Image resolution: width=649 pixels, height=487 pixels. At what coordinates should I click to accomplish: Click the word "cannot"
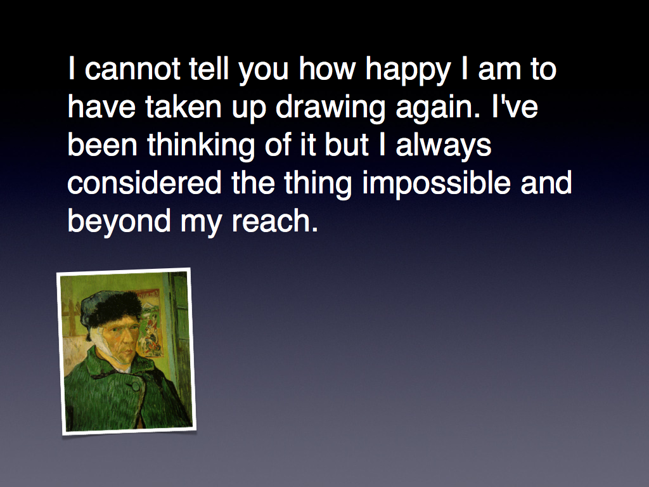point(132,69)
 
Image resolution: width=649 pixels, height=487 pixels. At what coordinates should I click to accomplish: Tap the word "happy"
point(408,71)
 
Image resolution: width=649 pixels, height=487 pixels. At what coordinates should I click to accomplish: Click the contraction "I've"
point(515,107)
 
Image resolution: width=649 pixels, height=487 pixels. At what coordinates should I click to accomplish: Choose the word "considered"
point(145,183)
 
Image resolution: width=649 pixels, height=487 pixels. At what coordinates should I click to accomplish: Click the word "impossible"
point(436,185)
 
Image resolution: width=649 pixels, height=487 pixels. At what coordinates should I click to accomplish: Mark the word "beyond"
point(119,223)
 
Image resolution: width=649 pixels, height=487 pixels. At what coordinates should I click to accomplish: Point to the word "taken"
point(183,107)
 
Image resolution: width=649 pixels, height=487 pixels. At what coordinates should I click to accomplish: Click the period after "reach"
point(314,230)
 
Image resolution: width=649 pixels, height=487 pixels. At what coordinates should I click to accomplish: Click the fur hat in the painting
point(111,308)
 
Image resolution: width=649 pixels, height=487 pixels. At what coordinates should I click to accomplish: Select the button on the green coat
point(134,387)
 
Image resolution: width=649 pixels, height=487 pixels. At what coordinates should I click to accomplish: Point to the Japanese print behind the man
point(149,323)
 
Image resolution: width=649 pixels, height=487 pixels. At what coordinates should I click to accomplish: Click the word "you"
point(263,71)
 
